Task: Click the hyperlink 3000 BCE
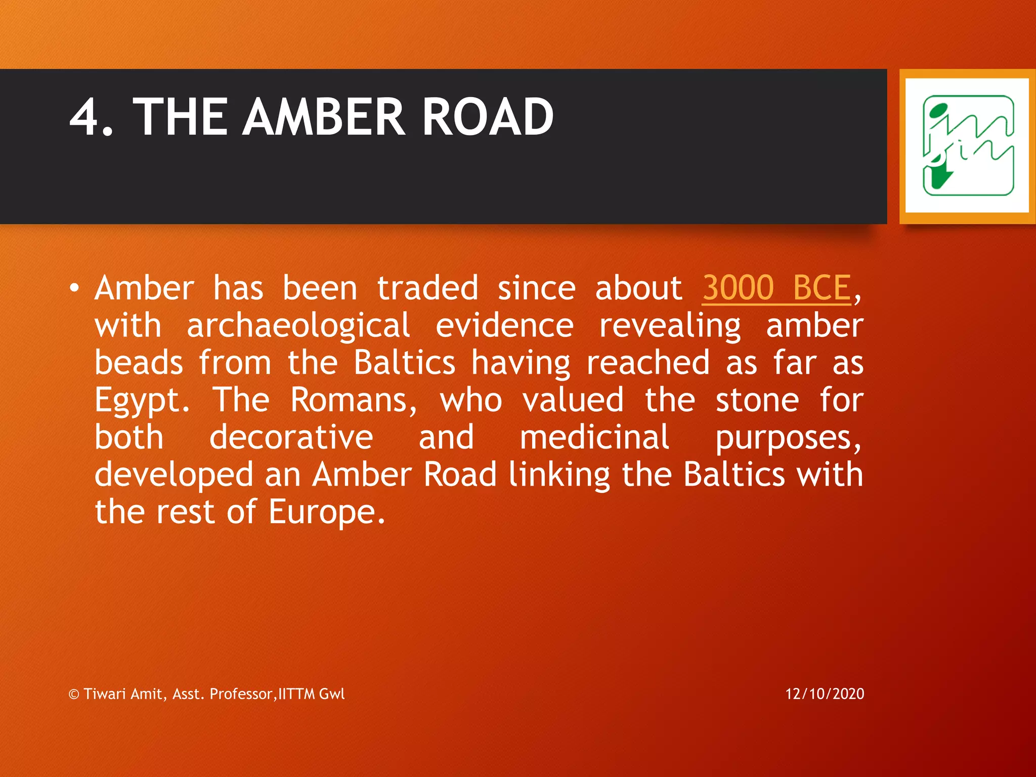[776, 288]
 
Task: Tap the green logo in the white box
[968, 146]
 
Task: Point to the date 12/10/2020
[825, 694]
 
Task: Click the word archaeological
[298, 326]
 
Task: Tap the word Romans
[354, 400]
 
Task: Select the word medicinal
[594, 438]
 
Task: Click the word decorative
[291, 438]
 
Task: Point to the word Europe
[326, 512]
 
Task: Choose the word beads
[139, 363]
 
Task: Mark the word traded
[427, 288]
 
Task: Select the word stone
[757, 400]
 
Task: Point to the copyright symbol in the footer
[74, 694]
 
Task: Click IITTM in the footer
[296, 694]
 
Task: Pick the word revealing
[670, 327]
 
